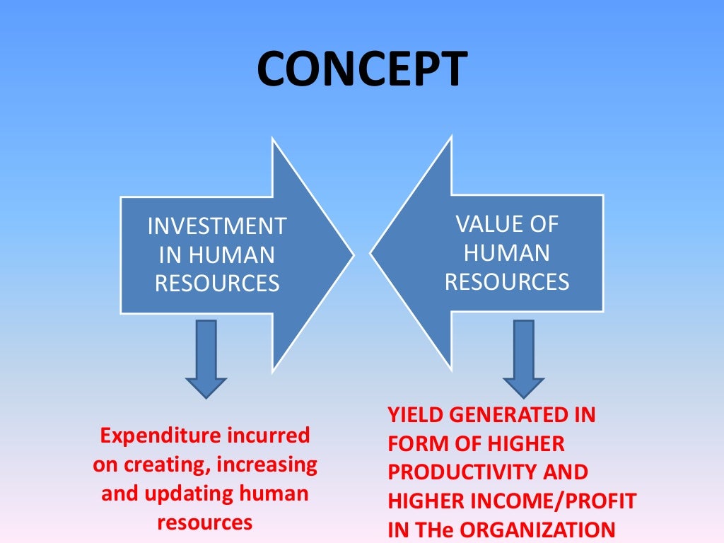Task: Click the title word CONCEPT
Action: (x=361, y=70)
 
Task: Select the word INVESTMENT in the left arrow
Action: (x=217, y=227)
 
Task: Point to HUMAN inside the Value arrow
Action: (x=507, y=253)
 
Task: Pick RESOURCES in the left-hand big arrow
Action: (x=217, y=284)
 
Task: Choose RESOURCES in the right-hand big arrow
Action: (x=507, y=281)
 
